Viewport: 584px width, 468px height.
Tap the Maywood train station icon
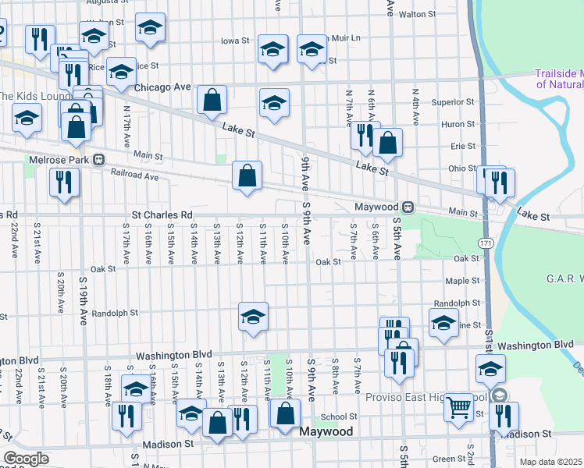coord(408,207)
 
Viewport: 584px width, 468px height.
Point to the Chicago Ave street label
coord(163,87)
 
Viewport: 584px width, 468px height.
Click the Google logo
coord(26,459)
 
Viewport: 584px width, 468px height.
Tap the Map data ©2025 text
coord(551,462)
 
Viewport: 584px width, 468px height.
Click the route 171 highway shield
coord(486,244)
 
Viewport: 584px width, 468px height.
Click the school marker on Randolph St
coord(253,317)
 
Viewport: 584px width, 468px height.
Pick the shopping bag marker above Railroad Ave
coord(247,176)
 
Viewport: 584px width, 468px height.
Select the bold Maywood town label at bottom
coord(327,431)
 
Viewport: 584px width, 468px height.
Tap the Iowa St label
coord(234,41)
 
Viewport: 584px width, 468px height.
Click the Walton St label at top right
coord(416,14)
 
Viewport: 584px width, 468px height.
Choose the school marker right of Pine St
coord(443,323)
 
